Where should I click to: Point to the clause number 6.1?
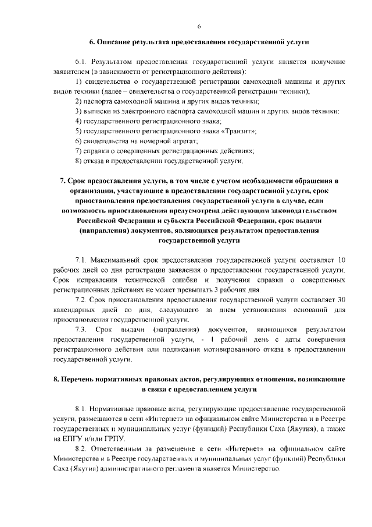click(x=81, y=61)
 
